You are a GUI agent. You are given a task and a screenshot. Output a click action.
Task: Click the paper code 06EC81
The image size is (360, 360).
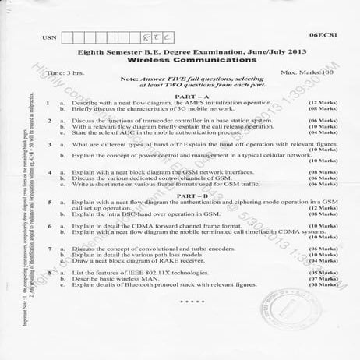[321, 35]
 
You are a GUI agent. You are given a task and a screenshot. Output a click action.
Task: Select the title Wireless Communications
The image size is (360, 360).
[179, 59]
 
